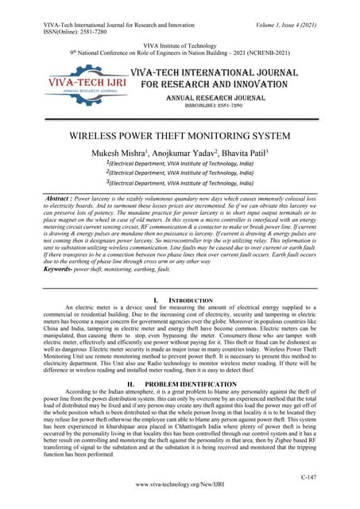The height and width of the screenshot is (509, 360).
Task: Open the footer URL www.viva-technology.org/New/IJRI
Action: click(180, 483)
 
